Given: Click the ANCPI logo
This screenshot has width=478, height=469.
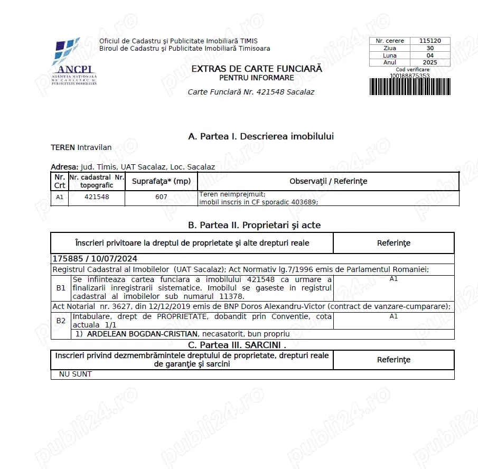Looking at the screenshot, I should pos(74,61).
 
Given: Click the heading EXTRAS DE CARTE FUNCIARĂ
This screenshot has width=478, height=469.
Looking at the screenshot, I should pos(257,69).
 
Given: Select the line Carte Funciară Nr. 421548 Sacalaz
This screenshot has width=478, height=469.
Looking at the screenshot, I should pos(251,92).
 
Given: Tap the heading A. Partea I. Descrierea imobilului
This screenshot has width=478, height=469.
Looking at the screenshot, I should pos(261,136).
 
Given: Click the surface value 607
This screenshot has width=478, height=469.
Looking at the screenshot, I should pos(162,197).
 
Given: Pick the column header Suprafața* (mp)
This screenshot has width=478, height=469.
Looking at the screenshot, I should pos(161,181).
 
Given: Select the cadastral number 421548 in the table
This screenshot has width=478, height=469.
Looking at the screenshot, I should pos(97,197).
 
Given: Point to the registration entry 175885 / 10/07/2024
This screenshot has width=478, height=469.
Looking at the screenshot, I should pos(95,259).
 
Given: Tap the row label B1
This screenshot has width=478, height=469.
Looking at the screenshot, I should pos(61,288).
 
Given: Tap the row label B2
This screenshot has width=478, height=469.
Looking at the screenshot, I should pos(61,320).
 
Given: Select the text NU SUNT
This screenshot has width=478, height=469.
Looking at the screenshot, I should pos(71,374).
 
